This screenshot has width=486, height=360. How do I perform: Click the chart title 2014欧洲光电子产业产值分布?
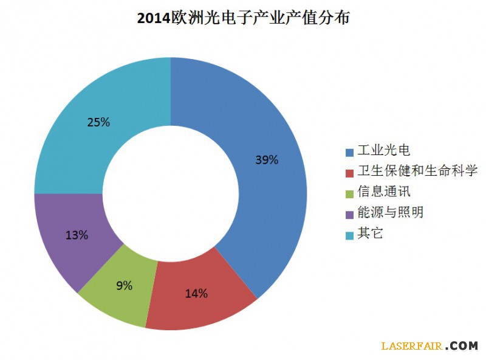pyautogui.click(x=243, y=18)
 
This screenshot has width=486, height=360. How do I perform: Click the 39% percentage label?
pyautogui.click(x=266, y=161)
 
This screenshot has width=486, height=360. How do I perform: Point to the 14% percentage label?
pyautogui.click(x=196, y=294)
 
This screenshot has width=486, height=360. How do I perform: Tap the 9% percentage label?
pyautogui.click(x=124, y=285)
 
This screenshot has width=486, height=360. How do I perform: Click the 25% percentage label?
pyautogui.click(x=98, y=122)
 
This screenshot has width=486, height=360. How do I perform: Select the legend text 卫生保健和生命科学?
pyautogui.click(x=417, y=171)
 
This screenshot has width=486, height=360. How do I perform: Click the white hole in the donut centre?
pyautogui.click(x=171, y=193)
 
